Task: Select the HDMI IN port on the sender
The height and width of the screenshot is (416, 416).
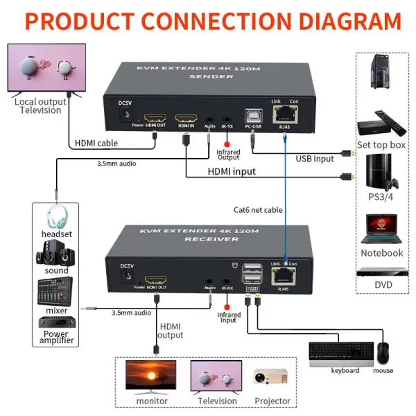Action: tap(186, 118)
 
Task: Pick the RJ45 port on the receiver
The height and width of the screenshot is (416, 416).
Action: tap(284, 275)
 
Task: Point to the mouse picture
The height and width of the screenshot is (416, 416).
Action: tap(383, 353)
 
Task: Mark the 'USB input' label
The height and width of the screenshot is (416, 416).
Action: tap(314, 159)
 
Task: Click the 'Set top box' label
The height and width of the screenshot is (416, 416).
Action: tap(381, 145)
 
